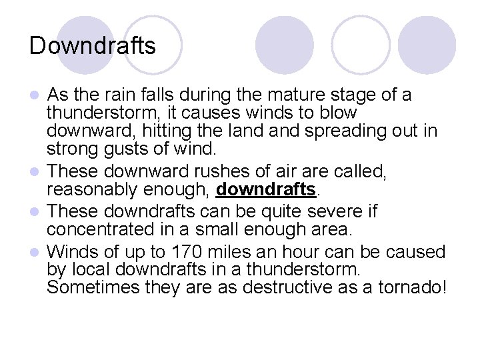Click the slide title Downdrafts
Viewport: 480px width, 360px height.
point(93,46)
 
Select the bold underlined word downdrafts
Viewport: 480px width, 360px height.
point(265,190)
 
